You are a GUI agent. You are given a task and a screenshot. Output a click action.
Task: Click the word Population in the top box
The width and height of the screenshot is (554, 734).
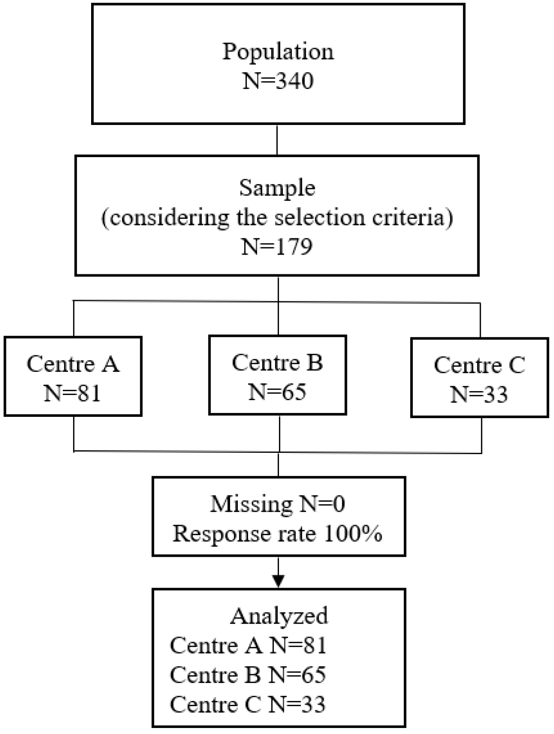[x=278, y=52]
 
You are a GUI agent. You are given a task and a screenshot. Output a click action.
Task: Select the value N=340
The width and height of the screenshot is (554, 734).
[x=278, y=80]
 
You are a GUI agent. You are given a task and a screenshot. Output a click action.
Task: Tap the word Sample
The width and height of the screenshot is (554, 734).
[x=277, y=188]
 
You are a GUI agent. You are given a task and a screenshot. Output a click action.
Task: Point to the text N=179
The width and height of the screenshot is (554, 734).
[x=277, y=247]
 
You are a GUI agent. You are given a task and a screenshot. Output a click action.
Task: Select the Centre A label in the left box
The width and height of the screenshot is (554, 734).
[x=73, y=364]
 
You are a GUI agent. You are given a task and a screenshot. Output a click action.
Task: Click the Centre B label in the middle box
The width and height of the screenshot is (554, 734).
[x=277, y=363]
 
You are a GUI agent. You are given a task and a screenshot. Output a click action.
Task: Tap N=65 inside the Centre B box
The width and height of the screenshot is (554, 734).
[x=277, y=392]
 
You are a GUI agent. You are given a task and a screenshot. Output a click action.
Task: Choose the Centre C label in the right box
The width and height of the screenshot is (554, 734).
[x=479, y=365]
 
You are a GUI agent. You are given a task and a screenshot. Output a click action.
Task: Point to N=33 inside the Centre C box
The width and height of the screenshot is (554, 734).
[x=479, y=394]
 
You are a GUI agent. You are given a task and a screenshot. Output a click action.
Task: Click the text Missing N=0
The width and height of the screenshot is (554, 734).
[x=278, y=504]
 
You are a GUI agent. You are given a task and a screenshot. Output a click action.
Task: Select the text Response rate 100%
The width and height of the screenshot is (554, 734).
[x=277, y=534]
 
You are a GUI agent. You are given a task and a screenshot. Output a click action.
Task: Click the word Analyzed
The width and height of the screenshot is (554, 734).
[x=279, y=616]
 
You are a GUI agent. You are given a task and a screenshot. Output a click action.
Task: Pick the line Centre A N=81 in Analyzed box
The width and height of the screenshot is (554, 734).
[x=248, y=645]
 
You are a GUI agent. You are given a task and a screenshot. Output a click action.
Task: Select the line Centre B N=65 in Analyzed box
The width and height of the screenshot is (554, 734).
[x=248, y=675]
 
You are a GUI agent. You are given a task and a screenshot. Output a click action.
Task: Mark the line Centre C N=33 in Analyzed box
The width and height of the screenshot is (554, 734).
[x=248, y=704]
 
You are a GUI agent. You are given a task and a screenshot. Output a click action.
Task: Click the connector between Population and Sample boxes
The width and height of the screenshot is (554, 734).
[x=277, y=140]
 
